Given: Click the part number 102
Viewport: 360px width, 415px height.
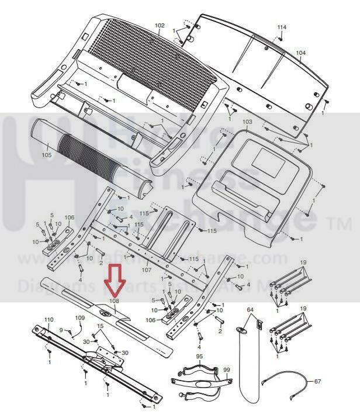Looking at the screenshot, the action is coord(160,26).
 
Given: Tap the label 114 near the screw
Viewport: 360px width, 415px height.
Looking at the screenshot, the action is coord(282,27).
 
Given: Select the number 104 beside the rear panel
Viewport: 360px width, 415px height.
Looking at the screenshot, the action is coord(300,53).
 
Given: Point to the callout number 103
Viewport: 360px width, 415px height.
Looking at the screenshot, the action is coord(247,122).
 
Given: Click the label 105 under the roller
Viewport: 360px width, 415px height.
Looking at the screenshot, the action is coord(47,155).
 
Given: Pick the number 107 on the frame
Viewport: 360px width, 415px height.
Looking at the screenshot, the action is coord(146,269).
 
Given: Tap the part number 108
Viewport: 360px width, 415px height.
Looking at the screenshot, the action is coord(114,302).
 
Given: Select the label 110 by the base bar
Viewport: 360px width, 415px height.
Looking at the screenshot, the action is coord(49,319).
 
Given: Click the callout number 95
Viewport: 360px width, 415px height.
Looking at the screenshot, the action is coord(199,356).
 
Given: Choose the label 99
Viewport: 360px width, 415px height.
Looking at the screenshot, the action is coord(226,370).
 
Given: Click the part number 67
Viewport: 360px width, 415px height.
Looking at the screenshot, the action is coord(317,382).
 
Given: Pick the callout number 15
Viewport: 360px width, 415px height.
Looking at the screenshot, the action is coord(100,326).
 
